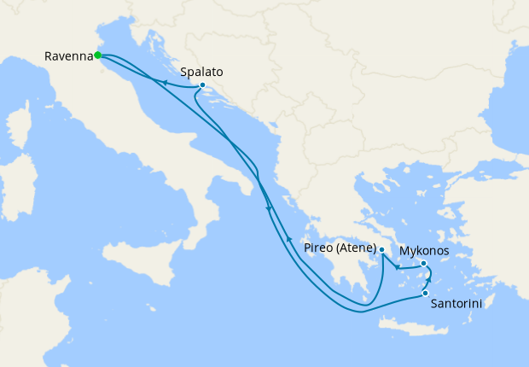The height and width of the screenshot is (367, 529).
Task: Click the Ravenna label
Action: (68, 56)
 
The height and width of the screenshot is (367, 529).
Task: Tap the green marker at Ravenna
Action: (98, 55)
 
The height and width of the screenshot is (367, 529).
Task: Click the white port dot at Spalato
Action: (201, 85)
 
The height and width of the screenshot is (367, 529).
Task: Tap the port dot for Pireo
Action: (382, 250)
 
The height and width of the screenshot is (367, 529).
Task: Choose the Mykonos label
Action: (424, 251)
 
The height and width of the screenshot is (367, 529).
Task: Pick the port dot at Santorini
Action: (425, 294)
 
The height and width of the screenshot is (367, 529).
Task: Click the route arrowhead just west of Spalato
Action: (161, 82)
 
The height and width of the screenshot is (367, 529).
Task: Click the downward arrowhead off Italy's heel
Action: (270, 207)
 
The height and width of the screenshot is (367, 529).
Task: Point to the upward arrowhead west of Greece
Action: (289, 238)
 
